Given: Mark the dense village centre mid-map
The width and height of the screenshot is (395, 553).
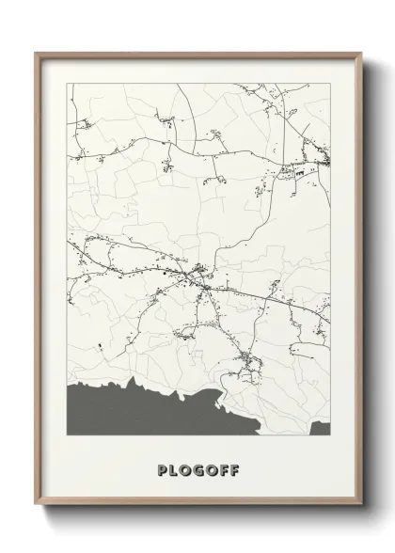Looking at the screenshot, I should tap(199, 276).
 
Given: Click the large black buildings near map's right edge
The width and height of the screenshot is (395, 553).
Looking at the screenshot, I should tap(299, 173).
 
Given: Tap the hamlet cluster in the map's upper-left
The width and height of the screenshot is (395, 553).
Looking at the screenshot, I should tap(85, 122).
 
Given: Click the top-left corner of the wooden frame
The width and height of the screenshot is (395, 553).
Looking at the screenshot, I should tap(37, 53).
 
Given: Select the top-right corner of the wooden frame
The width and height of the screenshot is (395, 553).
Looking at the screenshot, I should tap(360, 53).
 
